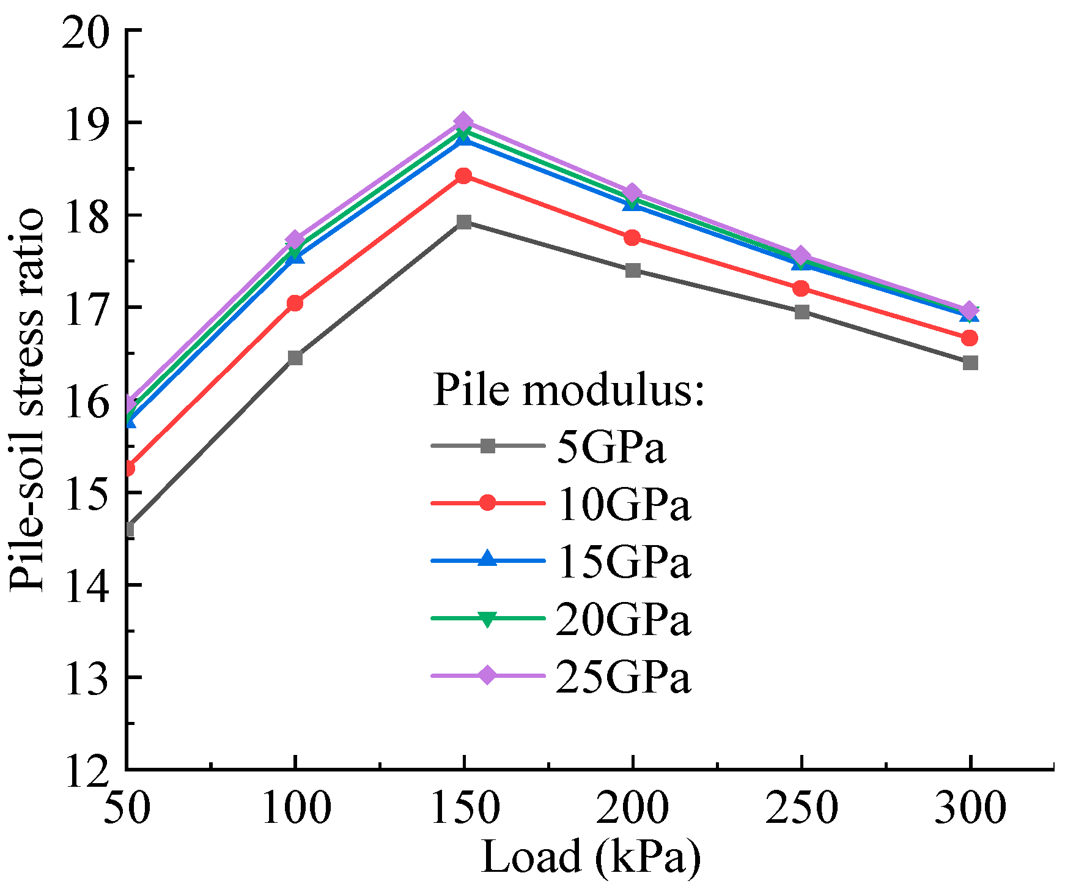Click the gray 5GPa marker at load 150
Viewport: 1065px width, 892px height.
[x=464, y=221]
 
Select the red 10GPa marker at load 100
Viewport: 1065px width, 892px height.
[x=295, y=303]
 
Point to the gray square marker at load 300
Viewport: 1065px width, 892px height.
[x=970, y=363]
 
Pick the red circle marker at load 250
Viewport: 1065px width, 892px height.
[x=801, y=288]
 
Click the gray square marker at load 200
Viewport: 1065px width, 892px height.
[x=633, y=270]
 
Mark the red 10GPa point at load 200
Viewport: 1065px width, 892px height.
[x=633, y=237]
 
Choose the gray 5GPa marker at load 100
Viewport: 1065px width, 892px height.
[x=295, y=357]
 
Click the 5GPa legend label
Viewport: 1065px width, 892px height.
[x=611, y=448]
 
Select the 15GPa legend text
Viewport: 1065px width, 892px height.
[x=623, y=562]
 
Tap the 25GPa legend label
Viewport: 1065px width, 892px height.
[x=623, y=677]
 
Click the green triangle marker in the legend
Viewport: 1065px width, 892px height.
[x=487, y=619]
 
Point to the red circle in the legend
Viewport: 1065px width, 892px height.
[x=487, y=503]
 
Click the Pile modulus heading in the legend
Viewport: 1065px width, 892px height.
[x=569, y=390]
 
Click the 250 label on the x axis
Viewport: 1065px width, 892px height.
[x=801, y=808]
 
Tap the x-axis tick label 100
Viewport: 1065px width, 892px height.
[x=296, y=808]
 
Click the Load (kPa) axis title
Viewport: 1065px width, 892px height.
[x=590, y=857]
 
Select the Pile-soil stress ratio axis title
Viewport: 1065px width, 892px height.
[x=28, y=401]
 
